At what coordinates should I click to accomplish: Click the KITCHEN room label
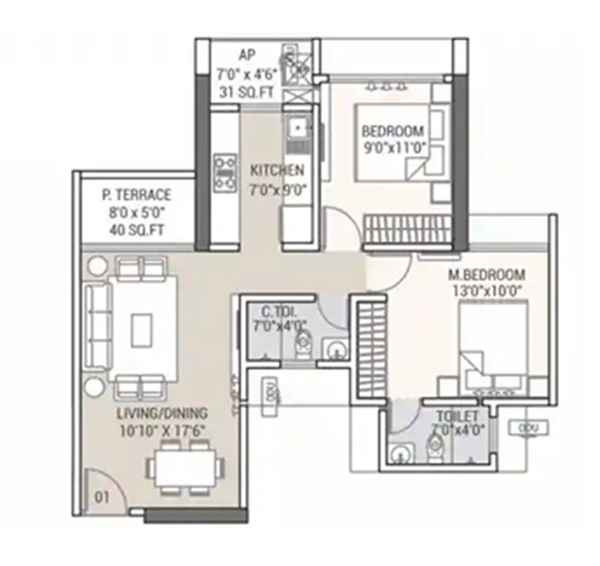[277, 170]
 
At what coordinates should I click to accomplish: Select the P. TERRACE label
[136, 196]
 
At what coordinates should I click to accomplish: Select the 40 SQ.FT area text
[136, 230]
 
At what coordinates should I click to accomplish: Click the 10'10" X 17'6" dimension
[164, 429]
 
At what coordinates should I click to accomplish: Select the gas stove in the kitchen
[224, 171]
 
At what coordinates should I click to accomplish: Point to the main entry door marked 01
[103, 487]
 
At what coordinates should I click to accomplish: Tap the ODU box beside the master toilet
[529, 427]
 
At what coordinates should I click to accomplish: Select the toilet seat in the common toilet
[302, 347]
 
